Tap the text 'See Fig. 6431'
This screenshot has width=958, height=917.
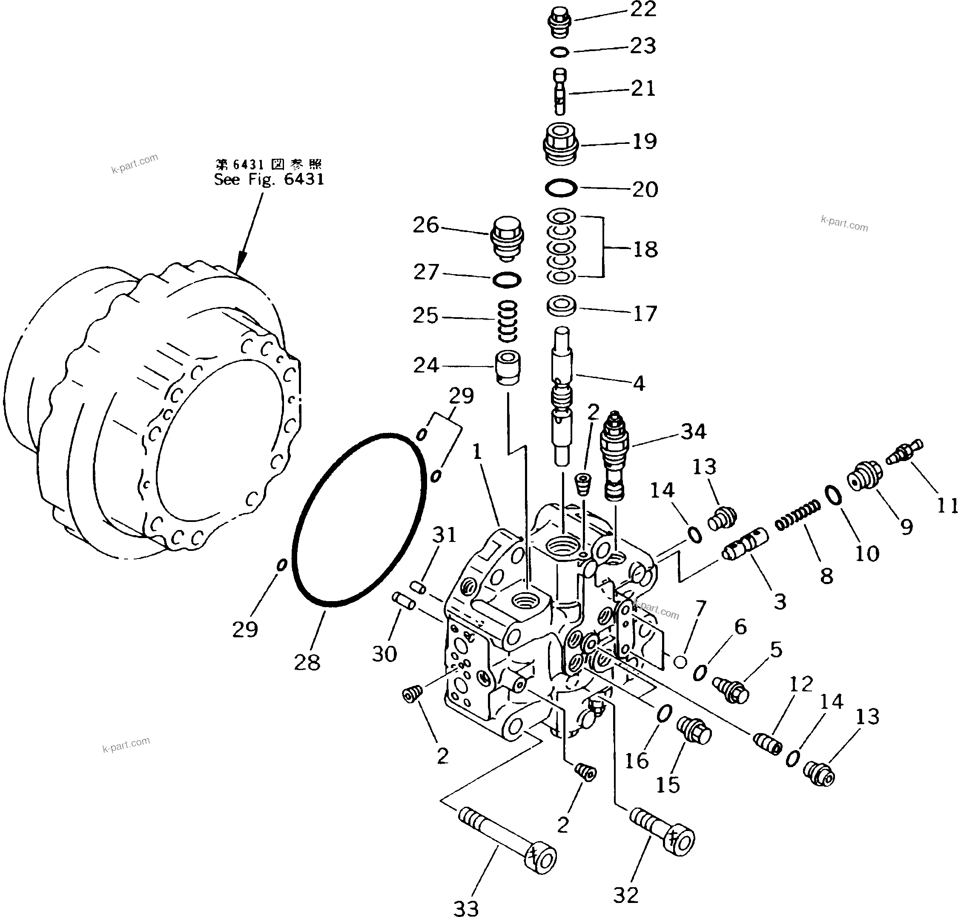point(269,179)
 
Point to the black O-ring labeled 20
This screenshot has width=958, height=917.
point(561,188)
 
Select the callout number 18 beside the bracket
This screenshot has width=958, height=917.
point(645,249)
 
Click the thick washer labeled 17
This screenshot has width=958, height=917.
point(561,307)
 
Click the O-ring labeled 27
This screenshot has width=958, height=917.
point(506,280)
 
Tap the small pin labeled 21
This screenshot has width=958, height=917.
point(561,90)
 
